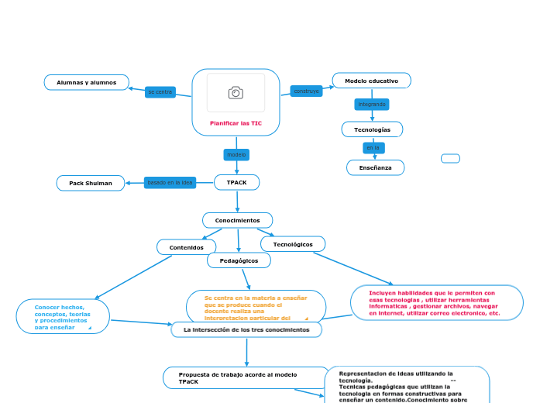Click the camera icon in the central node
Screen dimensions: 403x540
point(236,93)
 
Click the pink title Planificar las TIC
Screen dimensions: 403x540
point(236,123)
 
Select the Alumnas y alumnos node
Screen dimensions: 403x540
point(87,82)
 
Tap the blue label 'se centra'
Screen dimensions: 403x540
point(160,92)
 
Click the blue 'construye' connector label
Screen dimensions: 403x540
point(306,91)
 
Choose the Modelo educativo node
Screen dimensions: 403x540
point(371,81)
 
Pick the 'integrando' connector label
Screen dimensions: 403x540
point(372,104)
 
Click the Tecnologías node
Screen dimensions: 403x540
point(372,129)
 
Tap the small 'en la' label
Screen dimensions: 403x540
point(373,147)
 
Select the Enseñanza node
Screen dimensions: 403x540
point(375,167)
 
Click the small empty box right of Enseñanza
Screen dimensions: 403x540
point(450,159)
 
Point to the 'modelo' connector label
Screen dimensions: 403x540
point(236,155)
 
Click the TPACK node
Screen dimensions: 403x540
point(236,182)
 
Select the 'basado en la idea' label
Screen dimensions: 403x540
point(170,183)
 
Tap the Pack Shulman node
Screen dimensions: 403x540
point(91,184)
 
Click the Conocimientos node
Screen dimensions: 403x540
point(237,221)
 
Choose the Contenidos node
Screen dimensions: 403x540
point(186,247)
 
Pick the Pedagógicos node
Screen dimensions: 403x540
point(239,261)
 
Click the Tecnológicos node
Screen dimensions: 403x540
point(293,244)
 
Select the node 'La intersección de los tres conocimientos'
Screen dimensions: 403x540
point(246,330)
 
